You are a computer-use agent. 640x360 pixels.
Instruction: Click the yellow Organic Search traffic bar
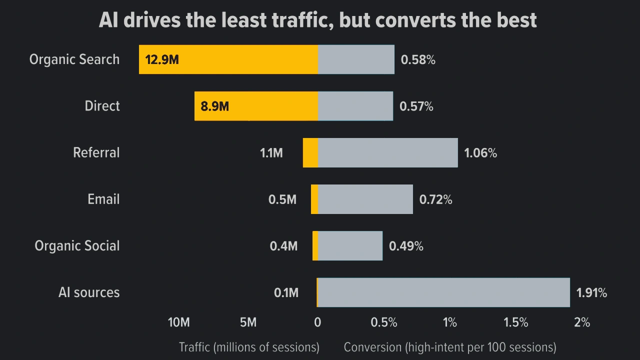[x=228, y=59]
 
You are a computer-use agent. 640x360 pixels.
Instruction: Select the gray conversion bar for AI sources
[x=443, y=292]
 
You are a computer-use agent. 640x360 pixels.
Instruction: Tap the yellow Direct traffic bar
[x=256, y=106]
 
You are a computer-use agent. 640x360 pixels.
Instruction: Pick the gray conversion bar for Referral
[x=387, y=152]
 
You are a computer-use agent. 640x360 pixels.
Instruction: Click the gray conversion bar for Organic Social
[x=350, y=245]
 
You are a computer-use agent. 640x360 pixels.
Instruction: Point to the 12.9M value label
[x=162, y=59]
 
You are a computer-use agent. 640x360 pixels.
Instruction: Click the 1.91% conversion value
[x=591, y=292]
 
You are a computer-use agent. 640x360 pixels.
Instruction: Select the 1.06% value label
[x=480, y=153]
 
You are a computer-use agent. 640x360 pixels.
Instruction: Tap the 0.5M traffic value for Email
[x=282, y=199]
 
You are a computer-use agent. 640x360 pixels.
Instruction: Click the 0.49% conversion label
[x=406, y=246]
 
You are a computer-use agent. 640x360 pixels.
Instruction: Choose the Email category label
[x=103, y=199]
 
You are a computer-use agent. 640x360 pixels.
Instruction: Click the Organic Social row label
[x=77, y=246]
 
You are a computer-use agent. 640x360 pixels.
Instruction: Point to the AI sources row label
[x=89, y=292]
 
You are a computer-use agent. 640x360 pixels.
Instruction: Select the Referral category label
[x=96, y=152]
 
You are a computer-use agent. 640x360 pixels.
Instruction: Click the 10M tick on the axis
[x=179, y=322]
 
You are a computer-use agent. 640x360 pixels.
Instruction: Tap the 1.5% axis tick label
[x=515, y=322]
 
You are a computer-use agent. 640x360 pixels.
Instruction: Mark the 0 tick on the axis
[x=317, y=322]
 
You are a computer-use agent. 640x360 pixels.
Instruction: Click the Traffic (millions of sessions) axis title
[x=249, y=347]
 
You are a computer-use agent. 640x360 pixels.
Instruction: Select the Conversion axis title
[x=450, y=347]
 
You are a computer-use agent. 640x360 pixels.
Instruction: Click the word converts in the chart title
[x=415, y=20]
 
